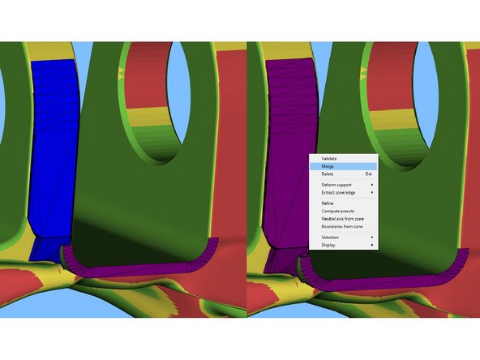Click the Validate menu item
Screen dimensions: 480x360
[x=328, y=159]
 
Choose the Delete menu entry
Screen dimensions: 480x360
[x=328, y=174]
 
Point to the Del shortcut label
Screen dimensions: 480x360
[x=369, y=174]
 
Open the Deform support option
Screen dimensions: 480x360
[x=336, y=185]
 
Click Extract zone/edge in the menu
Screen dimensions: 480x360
[x=338, y=192]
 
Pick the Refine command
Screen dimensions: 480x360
[x=328, y=204]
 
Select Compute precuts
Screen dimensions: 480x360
[x=337, y=211]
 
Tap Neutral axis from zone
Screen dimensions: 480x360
[x=342, y=219]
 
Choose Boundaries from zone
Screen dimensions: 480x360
[x=342, y=226]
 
